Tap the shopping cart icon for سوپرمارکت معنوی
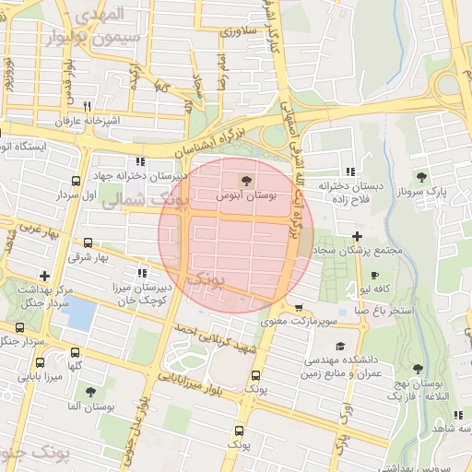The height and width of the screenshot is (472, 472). coord(299,308)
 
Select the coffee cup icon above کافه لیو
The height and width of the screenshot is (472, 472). coord(374,275)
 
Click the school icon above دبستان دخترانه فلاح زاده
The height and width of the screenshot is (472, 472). coord(349,171)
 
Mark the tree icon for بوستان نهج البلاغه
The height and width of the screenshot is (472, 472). coord(418,368)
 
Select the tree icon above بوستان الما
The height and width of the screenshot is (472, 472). coord(90,391)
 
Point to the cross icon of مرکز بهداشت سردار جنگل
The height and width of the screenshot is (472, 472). coord(44,275)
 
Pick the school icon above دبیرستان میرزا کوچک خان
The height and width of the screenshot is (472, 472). coord(141,273)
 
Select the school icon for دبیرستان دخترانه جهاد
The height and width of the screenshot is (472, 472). coord(140,160)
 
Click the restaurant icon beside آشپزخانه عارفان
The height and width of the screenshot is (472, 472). coord(87,106)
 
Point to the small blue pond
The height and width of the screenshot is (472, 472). coord(81,316)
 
